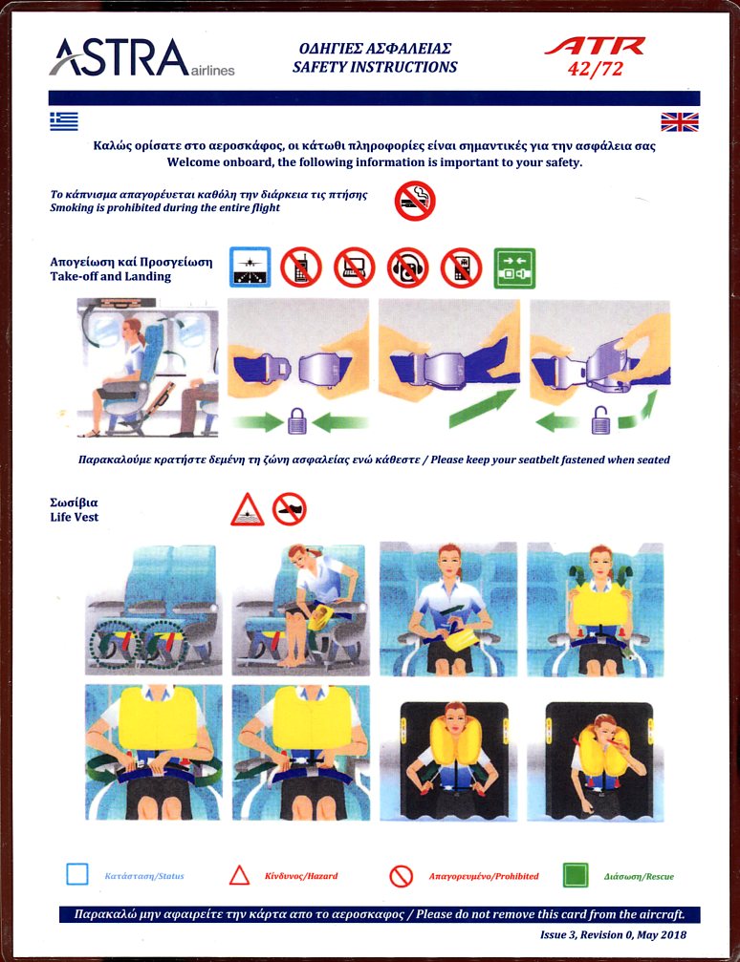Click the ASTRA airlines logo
(x=141, y=57)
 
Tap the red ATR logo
(x=595, y=47)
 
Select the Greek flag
(x=64, y=121)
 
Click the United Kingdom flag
(x=679, y=122)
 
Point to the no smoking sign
(x=415, y=201)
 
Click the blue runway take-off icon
(x=250, y=267)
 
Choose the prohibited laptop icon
(x=355, y=267)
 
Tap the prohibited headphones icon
(x=408, y=267)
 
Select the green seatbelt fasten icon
(x=514, y=268)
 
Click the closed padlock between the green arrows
(x=297, y=421)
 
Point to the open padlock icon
(x=600, y=421)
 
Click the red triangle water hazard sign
(x=247, y=510)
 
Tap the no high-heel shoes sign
(x=290, y=508)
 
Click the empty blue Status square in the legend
(x=77, y=874)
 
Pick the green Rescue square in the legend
(x=576, y=875)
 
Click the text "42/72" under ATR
(x=595, y=68)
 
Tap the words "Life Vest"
(x=75, y=517)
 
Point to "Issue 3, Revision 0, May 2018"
(x=613, y=935)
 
